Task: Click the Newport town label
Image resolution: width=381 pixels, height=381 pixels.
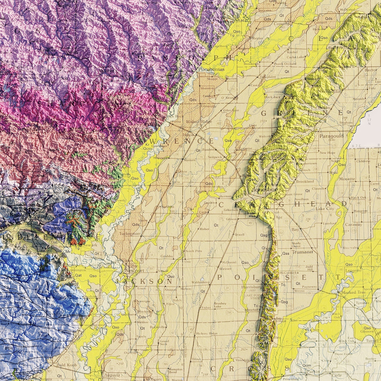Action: (134, 271)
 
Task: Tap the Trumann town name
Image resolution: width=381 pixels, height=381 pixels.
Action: (302, 252)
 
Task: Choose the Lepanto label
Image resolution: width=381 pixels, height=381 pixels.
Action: (354, 270)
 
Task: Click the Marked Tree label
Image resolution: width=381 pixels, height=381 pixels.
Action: (353, 292)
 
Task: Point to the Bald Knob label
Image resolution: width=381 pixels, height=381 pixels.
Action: (67, 365)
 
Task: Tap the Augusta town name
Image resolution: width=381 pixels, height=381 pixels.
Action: (112, 375)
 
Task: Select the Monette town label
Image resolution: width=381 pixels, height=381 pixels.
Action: (347, 179)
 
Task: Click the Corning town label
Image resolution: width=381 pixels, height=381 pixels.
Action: (281, 23)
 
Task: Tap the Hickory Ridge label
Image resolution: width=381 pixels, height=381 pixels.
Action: (207, 334)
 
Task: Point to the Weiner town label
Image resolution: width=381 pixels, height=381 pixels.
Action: (225, 269)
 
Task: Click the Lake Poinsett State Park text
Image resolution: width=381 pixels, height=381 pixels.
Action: (253, 297)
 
